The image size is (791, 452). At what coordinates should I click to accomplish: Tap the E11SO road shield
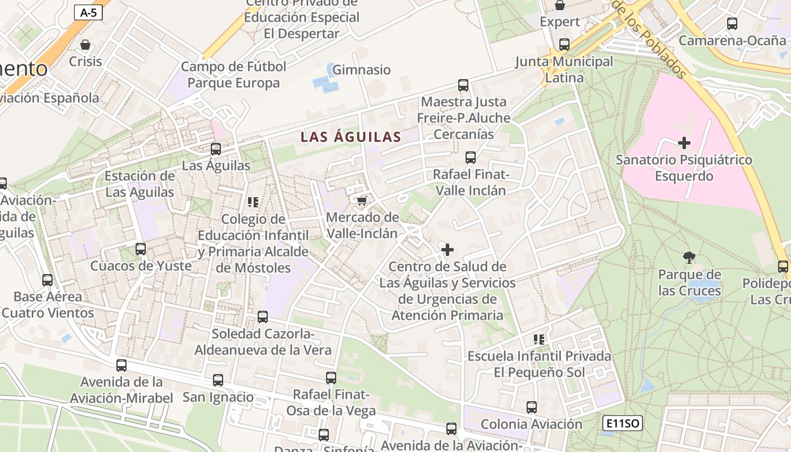point(622,423)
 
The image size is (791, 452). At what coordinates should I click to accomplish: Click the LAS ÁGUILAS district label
point(351,137)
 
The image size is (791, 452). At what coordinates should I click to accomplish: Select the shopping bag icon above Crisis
point(85,45)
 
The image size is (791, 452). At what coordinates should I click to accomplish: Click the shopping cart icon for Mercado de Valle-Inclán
point(362,201)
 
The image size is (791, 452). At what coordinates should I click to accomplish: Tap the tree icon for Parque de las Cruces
point(689,258)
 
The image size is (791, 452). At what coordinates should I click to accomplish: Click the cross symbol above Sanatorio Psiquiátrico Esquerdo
point(684,142)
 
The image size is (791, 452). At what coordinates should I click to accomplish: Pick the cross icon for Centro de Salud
point(447,249)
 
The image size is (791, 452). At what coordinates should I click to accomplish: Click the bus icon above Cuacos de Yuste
point(141,249)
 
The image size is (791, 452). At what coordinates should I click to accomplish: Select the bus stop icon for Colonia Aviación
point(532,407)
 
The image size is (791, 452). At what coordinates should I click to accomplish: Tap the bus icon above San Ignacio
point(218,380)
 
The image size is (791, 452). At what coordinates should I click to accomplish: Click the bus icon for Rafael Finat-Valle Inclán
point(471,158)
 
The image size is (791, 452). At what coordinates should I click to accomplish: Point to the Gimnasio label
point(362,70)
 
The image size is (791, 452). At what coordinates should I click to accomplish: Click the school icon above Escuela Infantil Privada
point(539,339)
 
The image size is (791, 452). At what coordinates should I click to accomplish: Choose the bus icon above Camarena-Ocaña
point(732,24)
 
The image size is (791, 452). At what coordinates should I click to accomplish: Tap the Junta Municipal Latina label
point(564,69)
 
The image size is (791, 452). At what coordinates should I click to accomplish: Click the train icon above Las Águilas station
point(216,149)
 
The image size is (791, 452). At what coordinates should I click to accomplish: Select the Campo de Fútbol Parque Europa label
point(233,75)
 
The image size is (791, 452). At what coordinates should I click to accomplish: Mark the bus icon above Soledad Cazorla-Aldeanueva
point(263,317)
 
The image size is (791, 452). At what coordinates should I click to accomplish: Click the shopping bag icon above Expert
point(560,5)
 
